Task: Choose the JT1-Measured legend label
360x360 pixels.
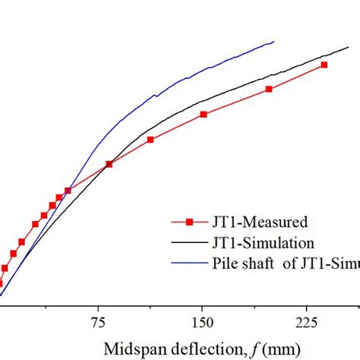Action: pyautogui.click(x=257, y=223)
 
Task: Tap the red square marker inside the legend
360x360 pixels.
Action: pyautogui.click(x=191, y=222)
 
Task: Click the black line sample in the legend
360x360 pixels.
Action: pyautogui.click(x=190, y=243)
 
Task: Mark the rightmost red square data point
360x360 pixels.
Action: pyautogui.click(x=324, y=65)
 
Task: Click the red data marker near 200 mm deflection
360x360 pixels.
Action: pyautogui.click(x=269, y=90)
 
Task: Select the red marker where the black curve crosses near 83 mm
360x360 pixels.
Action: pyautogui.click(x=109, y=163)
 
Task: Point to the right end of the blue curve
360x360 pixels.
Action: pyautogui.click(x=274, y=41)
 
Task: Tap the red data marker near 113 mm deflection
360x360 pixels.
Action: pyautogui.click(x=150, y=140)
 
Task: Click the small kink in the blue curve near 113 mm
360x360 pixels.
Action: pyautogui.click(x=156, y=96)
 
